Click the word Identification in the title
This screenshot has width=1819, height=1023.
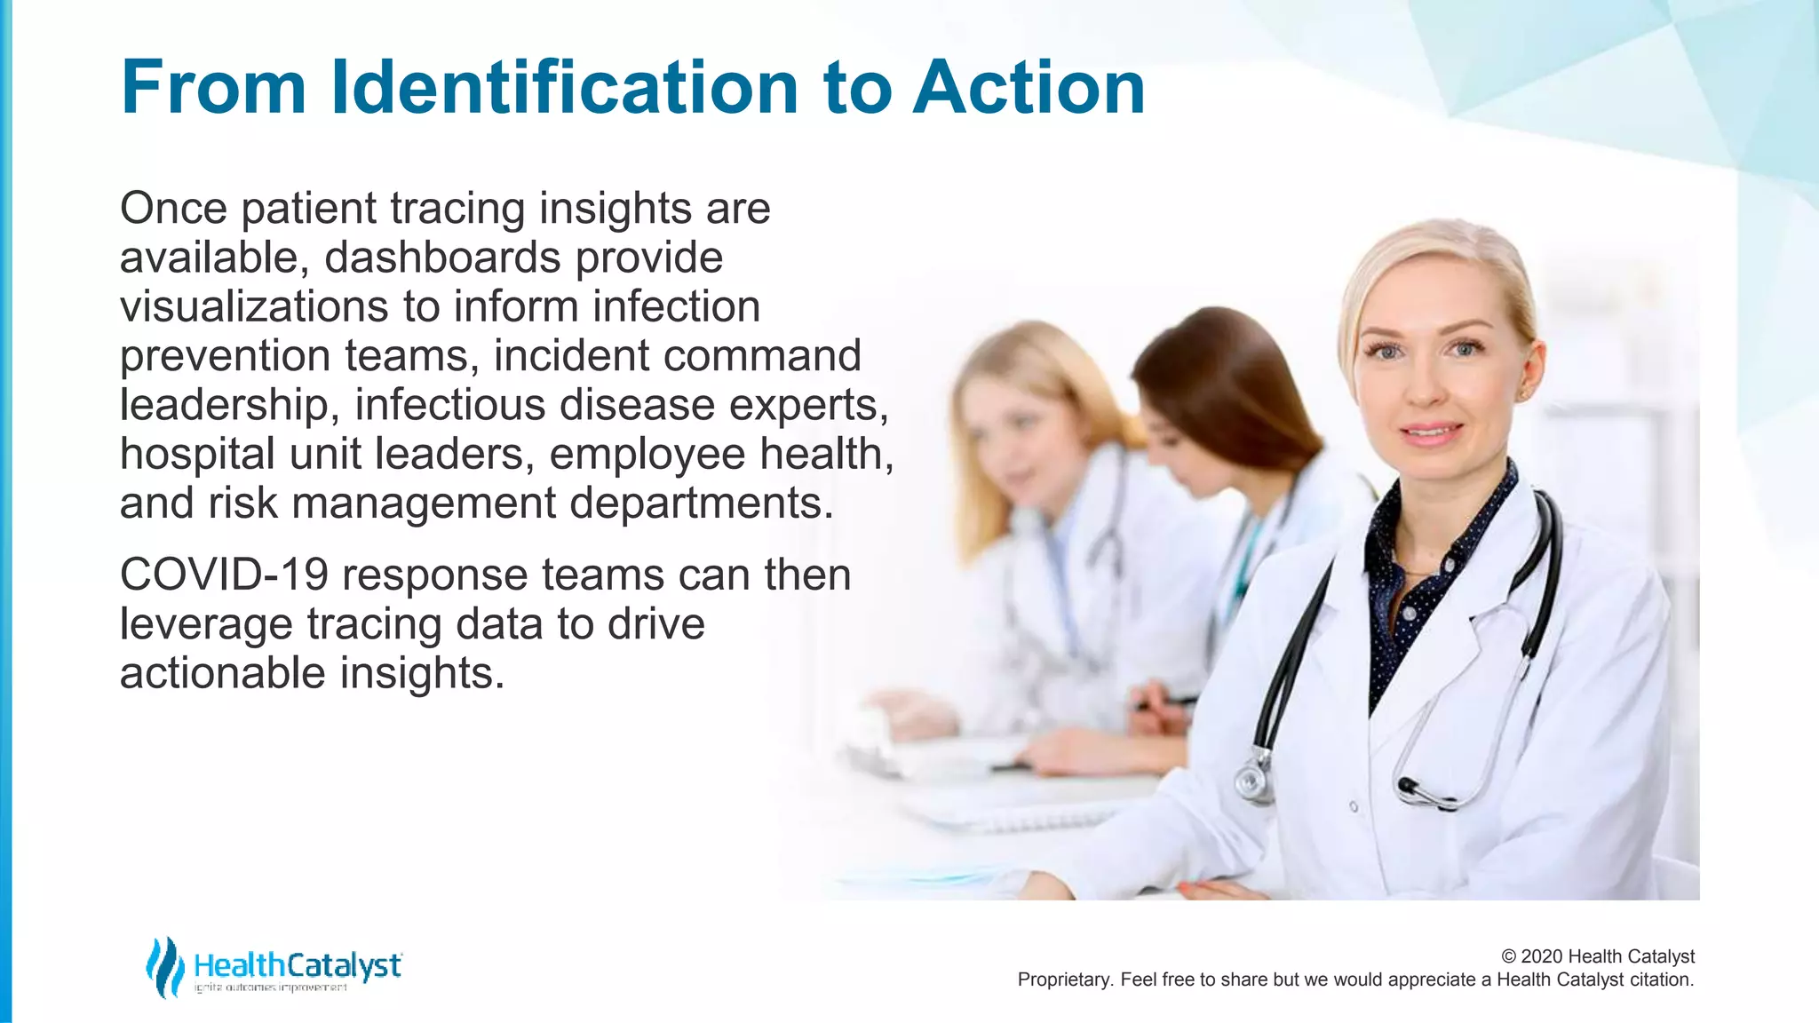(565, 87)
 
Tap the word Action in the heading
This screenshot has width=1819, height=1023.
(1029, 87)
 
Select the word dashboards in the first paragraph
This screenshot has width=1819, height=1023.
(442, 258)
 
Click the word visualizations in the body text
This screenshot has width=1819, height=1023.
(254, 306)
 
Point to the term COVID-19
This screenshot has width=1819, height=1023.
(224, 575)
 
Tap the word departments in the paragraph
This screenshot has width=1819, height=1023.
(702, 503)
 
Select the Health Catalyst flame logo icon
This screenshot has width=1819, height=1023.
(164, 966)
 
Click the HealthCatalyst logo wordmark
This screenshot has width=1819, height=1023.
(298, 965)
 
